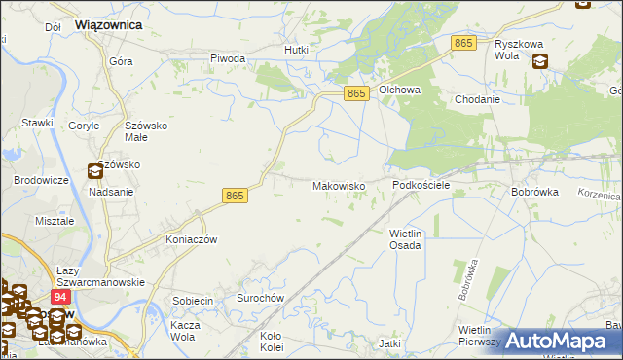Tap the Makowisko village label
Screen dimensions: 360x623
pos(338,185)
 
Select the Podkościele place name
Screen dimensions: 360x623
pos(420,184)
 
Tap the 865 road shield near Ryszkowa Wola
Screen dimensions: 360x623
pos(463,44)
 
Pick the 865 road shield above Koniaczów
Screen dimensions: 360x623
pos(235,196)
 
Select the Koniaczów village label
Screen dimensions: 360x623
pos(190,239)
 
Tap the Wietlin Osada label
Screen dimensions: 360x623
pos(405,239)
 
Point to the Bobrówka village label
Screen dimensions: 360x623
pos(534,192)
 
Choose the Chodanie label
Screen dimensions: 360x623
pos(477,99)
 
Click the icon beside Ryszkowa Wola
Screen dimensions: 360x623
pos(540,61)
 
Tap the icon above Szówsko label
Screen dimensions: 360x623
pos(94,172)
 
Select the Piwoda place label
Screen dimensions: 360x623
pos(228,58)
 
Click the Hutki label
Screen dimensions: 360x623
pos(296,50)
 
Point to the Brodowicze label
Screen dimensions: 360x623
pos(41,181)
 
